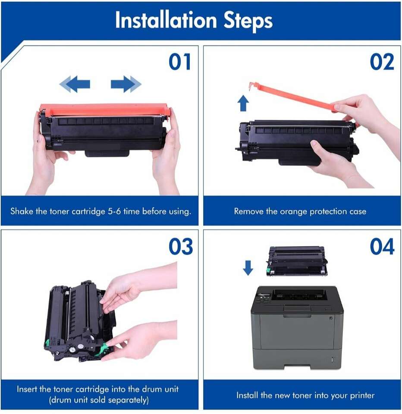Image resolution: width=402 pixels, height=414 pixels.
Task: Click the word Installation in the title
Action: point(166,20)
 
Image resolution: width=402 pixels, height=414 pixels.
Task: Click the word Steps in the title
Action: point(248,22)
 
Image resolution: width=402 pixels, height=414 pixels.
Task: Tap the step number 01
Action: point(180,62)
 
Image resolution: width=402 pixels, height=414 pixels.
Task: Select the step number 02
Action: point(382,62)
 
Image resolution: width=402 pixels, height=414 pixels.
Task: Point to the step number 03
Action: point(181,246)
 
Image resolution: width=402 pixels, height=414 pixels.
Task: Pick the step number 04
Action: point(382,246)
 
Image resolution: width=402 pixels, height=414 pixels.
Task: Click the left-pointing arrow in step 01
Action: point(75,84)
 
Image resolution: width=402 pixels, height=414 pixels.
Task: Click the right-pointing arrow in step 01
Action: point(126,84)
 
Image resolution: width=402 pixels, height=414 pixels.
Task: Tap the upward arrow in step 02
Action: point(243,103)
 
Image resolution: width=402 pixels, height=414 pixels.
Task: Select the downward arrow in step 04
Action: point(248,268)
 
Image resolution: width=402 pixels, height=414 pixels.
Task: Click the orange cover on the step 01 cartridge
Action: point(104,110)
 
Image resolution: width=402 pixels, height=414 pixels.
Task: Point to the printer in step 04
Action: point(297,327)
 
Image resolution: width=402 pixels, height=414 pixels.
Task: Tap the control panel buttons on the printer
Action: point(262,298)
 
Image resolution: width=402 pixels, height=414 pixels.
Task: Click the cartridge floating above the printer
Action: point(296,261)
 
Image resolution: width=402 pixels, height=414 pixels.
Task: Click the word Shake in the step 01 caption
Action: point(22,211)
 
